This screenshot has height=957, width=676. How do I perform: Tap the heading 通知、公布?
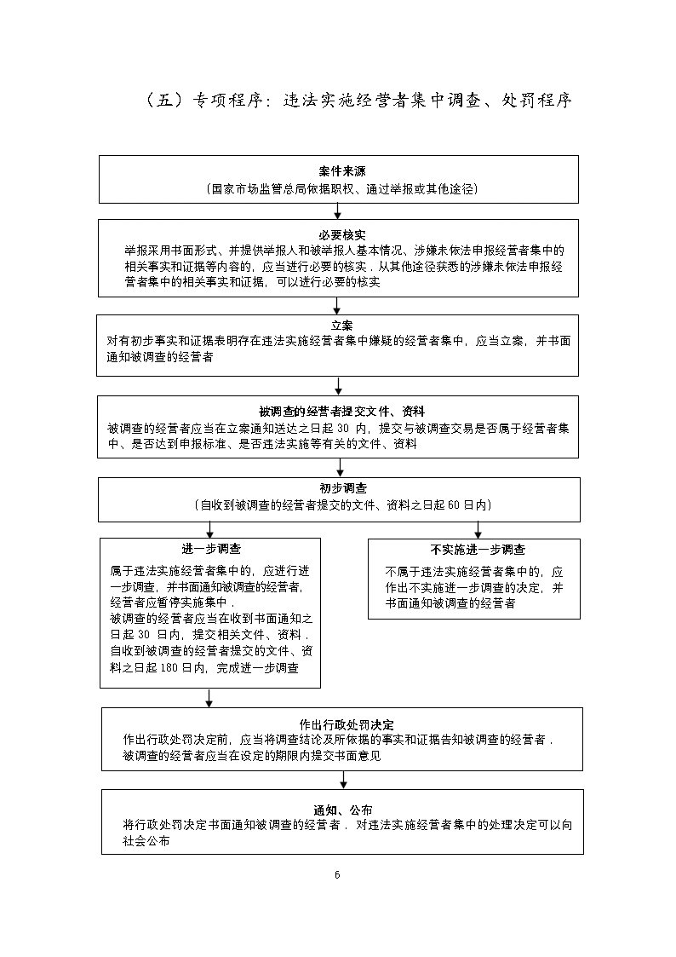click(343, 809)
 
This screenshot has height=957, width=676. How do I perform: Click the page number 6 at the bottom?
click(337, 875)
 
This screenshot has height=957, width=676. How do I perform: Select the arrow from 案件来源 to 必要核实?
click(338, 210)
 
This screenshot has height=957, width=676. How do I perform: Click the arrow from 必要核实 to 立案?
click(338, 305)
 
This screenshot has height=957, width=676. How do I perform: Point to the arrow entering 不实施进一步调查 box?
click(478, 528)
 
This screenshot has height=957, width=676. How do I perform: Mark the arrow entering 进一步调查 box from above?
click(209, 528)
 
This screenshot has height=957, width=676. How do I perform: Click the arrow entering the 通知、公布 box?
click(344, 780)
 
